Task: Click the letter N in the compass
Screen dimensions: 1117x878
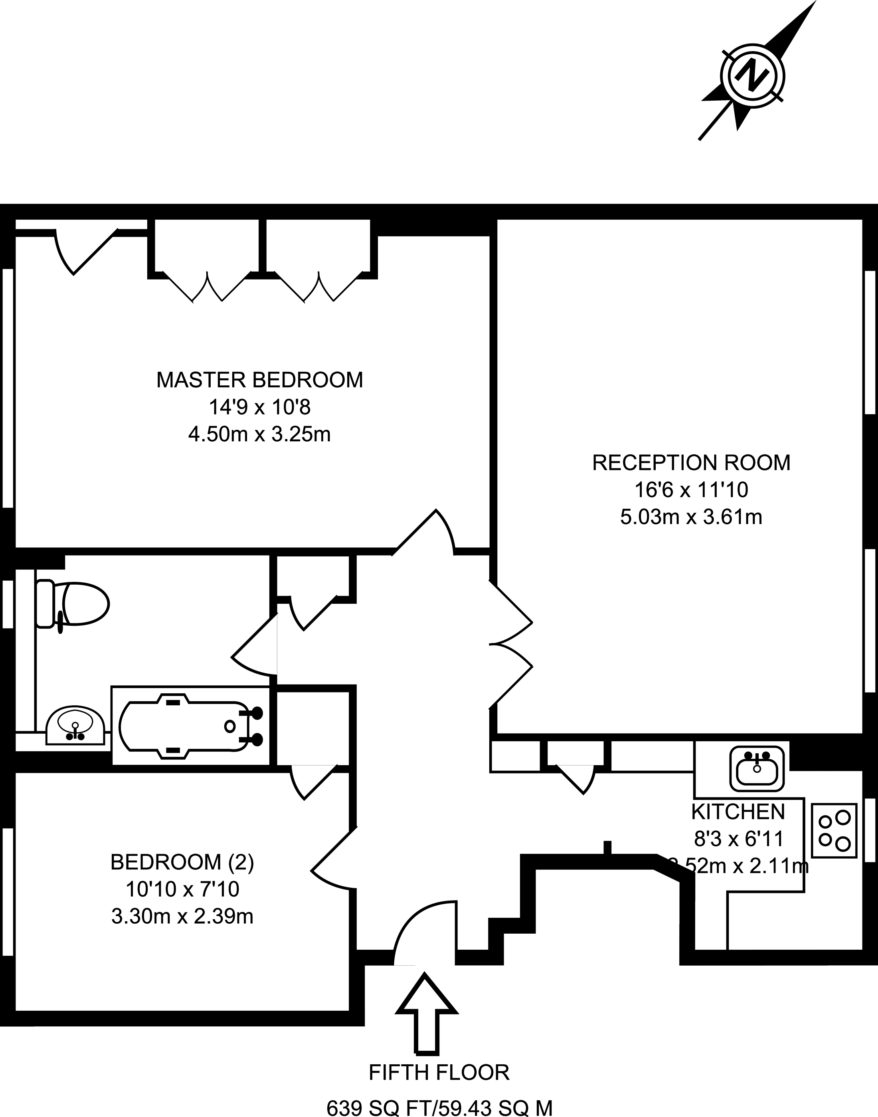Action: coord(753,77)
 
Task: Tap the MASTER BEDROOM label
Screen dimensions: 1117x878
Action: coord(259,380)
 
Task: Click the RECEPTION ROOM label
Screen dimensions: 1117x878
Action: coord(691,462)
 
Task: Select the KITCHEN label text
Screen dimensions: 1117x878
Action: coord(738,811)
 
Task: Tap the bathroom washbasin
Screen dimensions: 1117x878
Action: coord(75,726)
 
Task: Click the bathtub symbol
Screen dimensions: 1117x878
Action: coord(190,726)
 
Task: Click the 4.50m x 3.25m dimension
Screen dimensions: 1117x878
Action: coord(259,435)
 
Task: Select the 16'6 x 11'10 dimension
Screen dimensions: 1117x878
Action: coord(691,490)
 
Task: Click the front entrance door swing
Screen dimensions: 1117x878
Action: coord(425,931)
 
